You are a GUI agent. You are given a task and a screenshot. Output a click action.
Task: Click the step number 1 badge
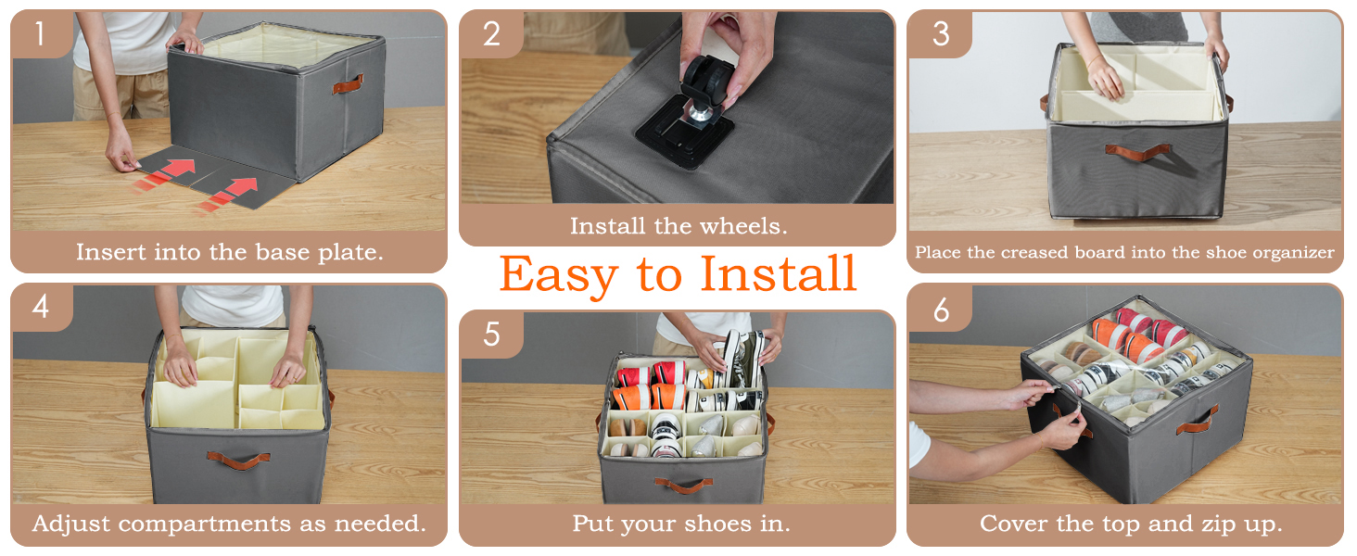click(x=41, y=34)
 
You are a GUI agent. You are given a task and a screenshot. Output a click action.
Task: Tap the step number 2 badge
click(x=491, y=34)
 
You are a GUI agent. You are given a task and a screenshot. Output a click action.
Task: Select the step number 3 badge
click(x=940, y=34)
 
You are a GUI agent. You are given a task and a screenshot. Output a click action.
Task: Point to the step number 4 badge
click(x=41, y=307)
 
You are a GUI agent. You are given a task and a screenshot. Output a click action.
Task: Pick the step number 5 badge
click(x=491, y=335)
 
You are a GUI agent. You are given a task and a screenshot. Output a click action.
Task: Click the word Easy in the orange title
click(x=559, y=275)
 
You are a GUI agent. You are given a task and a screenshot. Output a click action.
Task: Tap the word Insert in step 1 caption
click(x=110, y=251)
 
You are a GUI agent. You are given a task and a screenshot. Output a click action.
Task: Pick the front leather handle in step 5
click(x=683, y=486)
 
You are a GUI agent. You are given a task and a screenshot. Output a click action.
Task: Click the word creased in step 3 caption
click(x=1034, y=252)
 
